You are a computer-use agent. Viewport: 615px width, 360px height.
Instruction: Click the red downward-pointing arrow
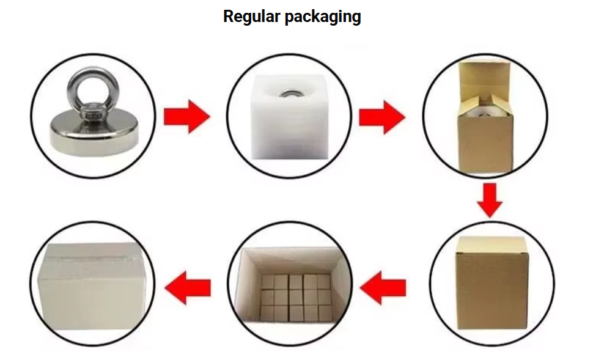(489, 199)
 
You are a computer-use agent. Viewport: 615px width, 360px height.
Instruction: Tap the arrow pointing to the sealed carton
(189, 286)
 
